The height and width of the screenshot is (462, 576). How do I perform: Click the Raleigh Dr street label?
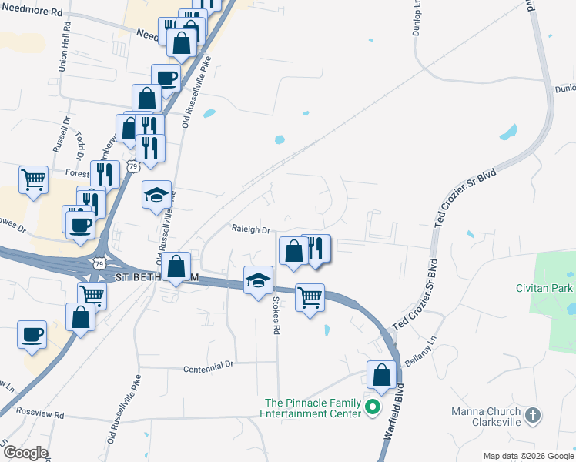(x=251, y=229)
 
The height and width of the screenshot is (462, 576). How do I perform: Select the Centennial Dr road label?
(x=208, y=369)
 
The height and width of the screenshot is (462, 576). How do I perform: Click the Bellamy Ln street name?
(x=421, y=350)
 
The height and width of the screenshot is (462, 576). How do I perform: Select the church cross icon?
(x=532, y=417)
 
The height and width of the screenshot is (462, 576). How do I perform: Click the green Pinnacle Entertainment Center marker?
(x=373, y=407)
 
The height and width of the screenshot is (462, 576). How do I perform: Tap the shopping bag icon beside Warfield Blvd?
(x=381, y=375)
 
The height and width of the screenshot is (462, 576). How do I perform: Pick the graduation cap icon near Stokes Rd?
(x=258, y=280)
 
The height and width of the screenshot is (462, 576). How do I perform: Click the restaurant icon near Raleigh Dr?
(x=316, y=248)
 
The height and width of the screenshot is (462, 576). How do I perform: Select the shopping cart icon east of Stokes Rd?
(x=310, y=297)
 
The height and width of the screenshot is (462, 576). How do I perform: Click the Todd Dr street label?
(x=79, y=142)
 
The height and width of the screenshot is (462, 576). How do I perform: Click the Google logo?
(x=25, y=453)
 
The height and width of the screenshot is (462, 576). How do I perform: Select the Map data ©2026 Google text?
(x=527, y=456)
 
